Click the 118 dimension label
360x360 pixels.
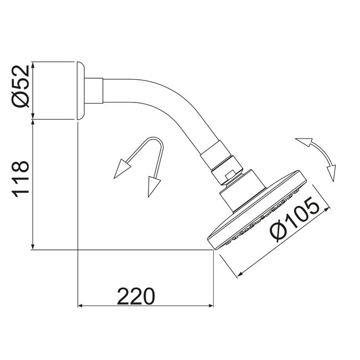click(x=20, y=179)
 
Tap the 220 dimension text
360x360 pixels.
click(x=136, y=296)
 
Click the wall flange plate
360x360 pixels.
click(x=80, y=91)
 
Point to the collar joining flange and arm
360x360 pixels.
click(x=94, y=91)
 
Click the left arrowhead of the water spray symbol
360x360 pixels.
click(x=122, y=169)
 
